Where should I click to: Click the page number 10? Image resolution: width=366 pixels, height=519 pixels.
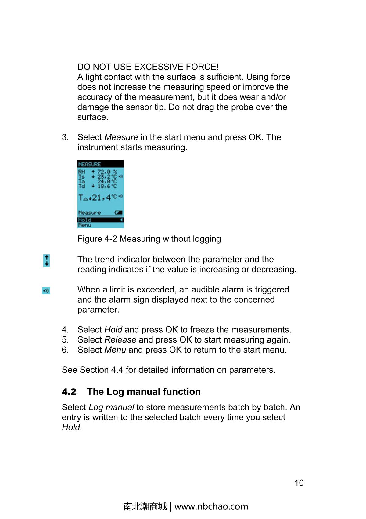(299, 483)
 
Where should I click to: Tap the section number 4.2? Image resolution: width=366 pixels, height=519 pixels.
(69, 392)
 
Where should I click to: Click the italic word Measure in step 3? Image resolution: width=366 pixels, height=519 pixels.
(121, 137)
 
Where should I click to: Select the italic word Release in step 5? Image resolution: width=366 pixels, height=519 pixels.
(120, 340)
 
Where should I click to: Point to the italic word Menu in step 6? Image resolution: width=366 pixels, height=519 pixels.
(115, 350)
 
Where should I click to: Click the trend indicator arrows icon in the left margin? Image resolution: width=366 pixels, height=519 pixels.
(46, 260)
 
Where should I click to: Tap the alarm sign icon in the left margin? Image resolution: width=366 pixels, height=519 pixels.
(46, 291)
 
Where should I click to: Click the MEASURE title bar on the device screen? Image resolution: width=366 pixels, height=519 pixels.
(101, 164)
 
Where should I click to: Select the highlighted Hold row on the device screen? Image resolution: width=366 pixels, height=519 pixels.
(101, 220)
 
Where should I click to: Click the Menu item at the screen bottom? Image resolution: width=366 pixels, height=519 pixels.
(84, 225)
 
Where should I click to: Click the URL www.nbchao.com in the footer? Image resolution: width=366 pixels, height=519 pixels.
(211, 506)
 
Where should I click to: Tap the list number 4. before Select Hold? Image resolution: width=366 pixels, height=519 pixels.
(65, 330)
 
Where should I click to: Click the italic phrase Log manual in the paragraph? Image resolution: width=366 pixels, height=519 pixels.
(111, 408)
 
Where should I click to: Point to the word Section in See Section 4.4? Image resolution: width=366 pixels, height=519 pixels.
(94, 370)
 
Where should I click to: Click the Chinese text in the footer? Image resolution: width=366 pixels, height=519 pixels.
(145, 506)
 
